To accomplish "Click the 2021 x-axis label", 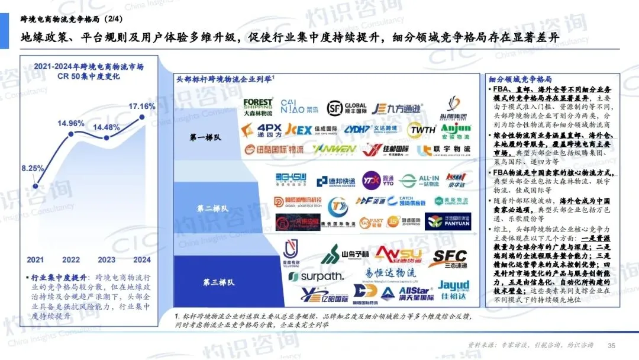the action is pos(35,259).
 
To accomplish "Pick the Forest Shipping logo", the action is pos(258,107).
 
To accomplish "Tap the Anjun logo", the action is pos(456,130).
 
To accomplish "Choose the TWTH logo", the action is pos(423,130).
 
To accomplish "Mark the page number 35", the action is pos(612,346).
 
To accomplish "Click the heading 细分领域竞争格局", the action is pos(521,79).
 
